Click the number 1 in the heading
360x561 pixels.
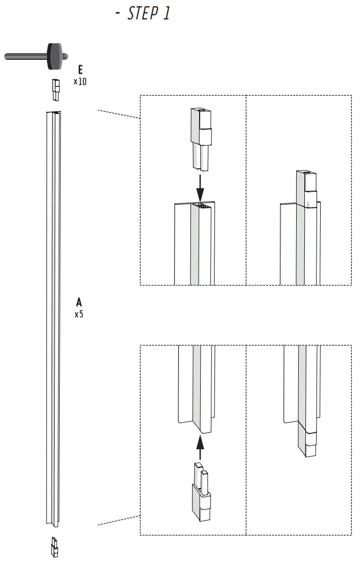[166, 14]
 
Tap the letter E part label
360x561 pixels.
[80, 70]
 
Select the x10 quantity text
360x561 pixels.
[80, 81]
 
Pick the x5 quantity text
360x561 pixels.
[79, 314]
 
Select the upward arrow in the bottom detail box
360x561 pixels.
[200, 447]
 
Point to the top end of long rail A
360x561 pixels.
[54, 113]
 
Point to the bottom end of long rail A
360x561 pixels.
[54, 524]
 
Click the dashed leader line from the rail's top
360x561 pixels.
[118, 114]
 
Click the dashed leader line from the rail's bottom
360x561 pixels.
[118, 520]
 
